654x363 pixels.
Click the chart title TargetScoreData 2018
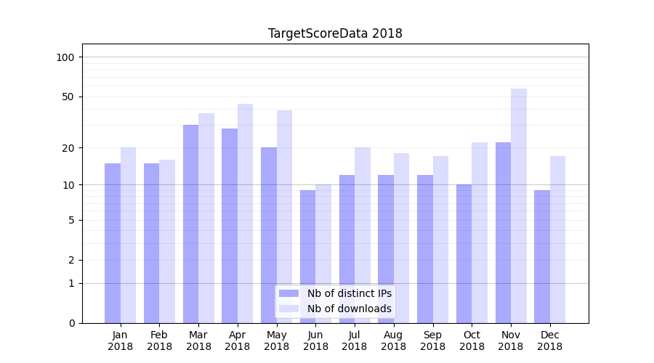pyautogui.click(x=335, y=33)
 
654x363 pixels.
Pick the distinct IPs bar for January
pyautogui.click(x=113, y=243)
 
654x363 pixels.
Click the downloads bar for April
pyautogui.click(x=246, y=213)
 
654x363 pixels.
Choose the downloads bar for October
pyautogui.click(x=480, y=232)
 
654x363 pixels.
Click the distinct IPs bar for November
pyautogui.click(x=503, y=232)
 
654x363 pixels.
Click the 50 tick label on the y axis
pyautogui.click(x=68, y=97)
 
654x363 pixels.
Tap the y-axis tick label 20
pyautogui.click(x=68, y=148)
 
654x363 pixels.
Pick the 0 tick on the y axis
pyautogui.click(x=71, y=323)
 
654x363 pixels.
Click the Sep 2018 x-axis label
pyautogui.click(x=432, y=340)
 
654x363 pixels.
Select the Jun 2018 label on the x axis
pyautogui.click(x=315, y=340)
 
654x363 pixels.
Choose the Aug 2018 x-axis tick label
pyautogui.click(x=393, y=340)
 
